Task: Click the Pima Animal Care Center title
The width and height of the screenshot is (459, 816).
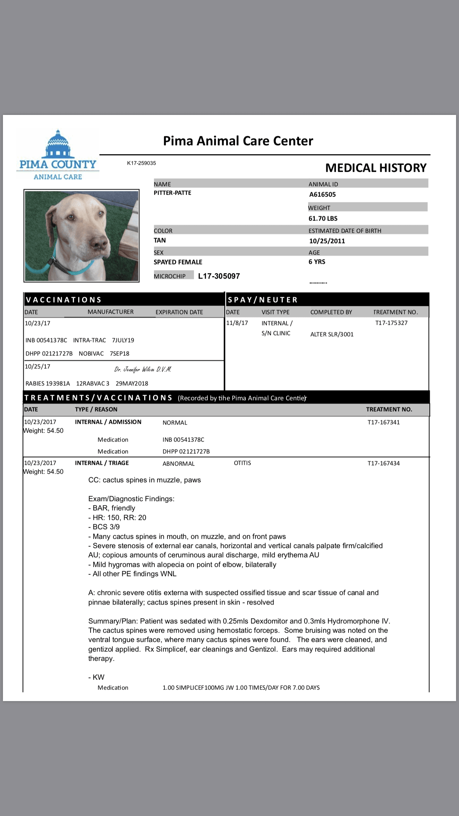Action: tap(238, 141)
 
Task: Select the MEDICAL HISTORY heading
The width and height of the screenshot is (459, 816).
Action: tap(375, 168)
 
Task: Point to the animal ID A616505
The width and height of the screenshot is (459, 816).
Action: tap(322, 194)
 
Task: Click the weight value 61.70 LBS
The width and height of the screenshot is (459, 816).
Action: tap(323, 218)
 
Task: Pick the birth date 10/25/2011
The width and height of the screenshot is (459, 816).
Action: tap(327, 241)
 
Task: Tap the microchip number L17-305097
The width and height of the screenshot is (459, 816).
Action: tap(219, 276)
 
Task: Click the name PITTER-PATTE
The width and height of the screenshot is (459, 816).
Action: tap(172, 193)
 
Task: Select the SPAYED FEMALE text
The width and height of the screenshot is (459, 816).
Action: tap(178, 262)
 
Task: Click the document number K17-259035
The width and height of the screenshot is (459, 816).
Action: tap(141, 163)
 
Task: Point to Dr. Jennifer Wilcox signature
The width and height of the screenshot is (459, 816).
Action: tap(143, 369)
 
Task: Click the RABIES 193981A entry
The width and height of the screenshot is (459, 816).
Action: tap(47, 384)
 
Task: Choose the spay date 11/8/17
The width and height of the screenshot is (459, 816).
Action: tap(237, 323)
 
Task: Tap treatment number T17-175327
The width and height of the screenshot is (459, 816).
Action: tap(391, 323)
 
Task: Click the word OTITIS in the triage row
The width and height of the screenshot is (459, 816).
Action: tap(242, 463)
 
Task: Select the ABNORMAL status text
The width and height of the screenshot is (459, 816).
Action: tap(178, 463)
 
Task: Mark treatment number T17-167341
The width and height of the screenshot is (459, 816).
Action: tap(383, 422)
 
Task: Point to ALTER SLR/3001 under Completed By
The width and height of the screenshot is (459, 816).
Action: tap(331, 334)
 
